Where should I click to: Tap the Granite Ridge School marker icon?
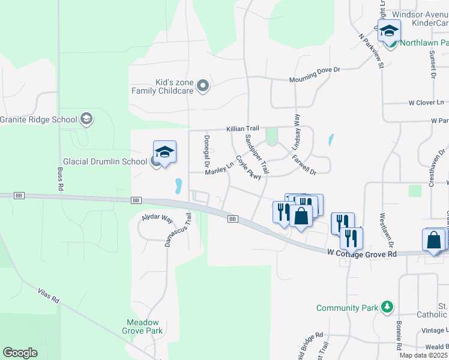click(86, 119)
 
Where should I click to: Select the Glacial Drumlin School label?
click(105, 161)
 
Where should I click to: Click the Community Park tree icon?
click(388, 308)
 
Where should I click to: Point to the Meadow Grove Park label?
click(142, 326)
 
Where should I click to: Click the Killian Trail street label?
click(243, 129)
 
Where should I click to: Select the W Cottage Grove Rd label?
click(363, 254)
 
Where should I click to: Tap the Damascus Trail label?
click(178, 229)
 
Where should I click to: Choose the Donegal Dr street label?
click(206, 150)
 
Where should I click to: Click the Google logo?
click(20, 353)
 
